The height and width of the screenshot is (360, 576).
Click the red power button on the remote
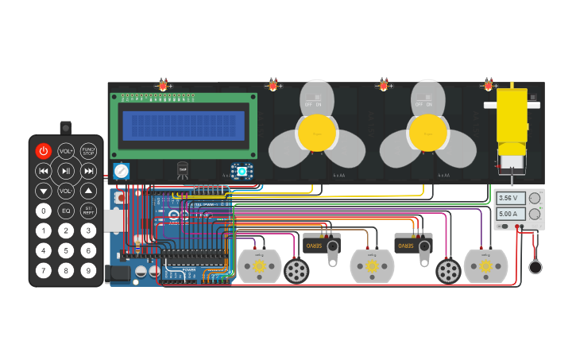tap(43, 151)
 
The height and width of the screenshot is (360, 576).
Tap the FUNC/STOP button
tap(88, 151)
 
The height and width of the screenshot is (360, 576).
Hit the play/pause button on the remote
tap(66, 171)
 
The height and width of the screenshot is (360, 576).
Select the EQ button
tap(66, 211)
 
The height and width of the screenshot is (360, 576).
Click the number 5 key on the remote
tap(66, 250)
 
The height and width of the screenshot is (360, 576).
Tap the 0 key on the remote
tap(44, 211)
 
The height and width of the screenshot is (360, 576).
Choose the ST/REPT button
tap(88, 211)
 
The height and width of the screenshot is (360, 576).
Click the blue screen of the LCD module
tap(184, 126)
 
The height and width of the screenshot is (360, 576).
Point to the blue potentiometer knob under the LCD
tap(121, 171)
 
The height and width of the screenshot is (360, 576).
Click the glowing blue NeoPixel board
tap(241, 171)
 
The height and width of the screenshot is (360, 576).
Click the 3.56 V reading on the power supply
tap(508, 198)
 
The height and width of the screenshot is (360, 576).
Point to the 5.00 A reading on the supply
tap(508, 214)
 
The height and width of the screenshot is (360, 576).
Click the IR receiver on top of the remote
tap(65, 127)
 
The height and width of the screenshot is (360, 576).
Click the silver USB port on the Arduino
tap(114, 220)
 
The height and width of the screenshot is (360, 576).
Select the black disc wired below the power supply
tap(536, 266)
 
